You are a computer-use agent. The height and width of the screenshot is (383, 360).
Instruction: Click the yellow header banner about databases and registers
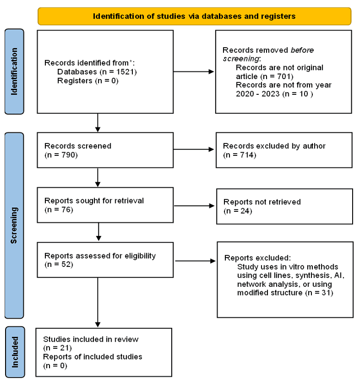tap(194, 16)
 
